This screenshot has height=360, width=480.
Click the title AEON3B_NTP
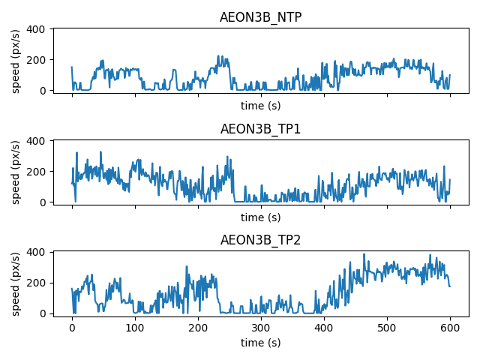pyautogui.click(x=260, y=17)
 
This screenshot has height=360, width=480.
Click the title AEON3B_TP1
pyautogui.click(x=260, y=129)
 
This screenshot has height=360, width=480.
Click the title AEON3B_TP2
pyautogui.click(x=260, y=241)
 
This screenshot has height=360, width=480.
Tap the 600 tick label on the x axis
pyautogui.click(x=450, y=328)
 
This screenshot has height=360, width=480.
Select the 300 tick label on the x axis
pyautogui.click(x=261, y=328)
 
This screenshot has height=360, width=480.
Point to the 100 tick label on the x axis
pyautogui.click(x=135, y=328)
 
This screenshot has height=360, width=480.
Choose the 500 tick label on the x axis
pyautogui.click(x=387, y=328)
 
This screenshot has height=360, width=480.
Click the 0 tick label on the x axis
pyautogui.click(x=72, y=328)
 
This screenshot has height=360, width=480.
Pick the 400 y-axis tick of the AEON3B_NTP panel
pyautogui.click(x=39, y=29)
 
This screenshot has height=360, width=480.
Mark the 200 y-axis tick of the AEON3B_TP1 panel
pyautogui.click(x=39, y=172)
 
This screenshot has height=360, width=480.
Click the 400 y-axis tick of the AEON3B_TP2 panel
pyautogui.click(x=39, y=253)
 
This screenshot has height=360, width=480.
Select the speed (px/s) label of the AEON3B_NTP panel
pyautogui.click(x=16, y=59)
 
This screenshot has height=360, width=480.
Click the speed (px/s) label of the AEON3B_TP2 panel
pyautogui.click(x=16, y=283)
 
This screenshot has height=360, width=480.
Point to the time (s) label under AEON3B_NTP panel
pyautogui.click(x=260, y=106)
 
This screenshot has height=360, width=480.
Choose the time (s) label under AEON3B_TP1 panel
pyautogui.click(x=260, y=217)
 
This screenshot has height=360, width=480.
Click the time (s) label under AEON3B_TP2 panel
pyautogui.click(x=260, y=342)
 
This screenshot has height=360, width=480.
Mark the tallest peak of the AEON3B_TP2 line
pyautogui.click(x=364, y=254)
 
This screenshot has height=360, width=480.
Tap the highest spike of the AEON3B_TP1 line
pyautogui.click(x=100, y=152)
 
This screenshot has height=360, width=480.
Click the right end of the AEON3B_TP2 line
pyautogui.click(x=450, y=286)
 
